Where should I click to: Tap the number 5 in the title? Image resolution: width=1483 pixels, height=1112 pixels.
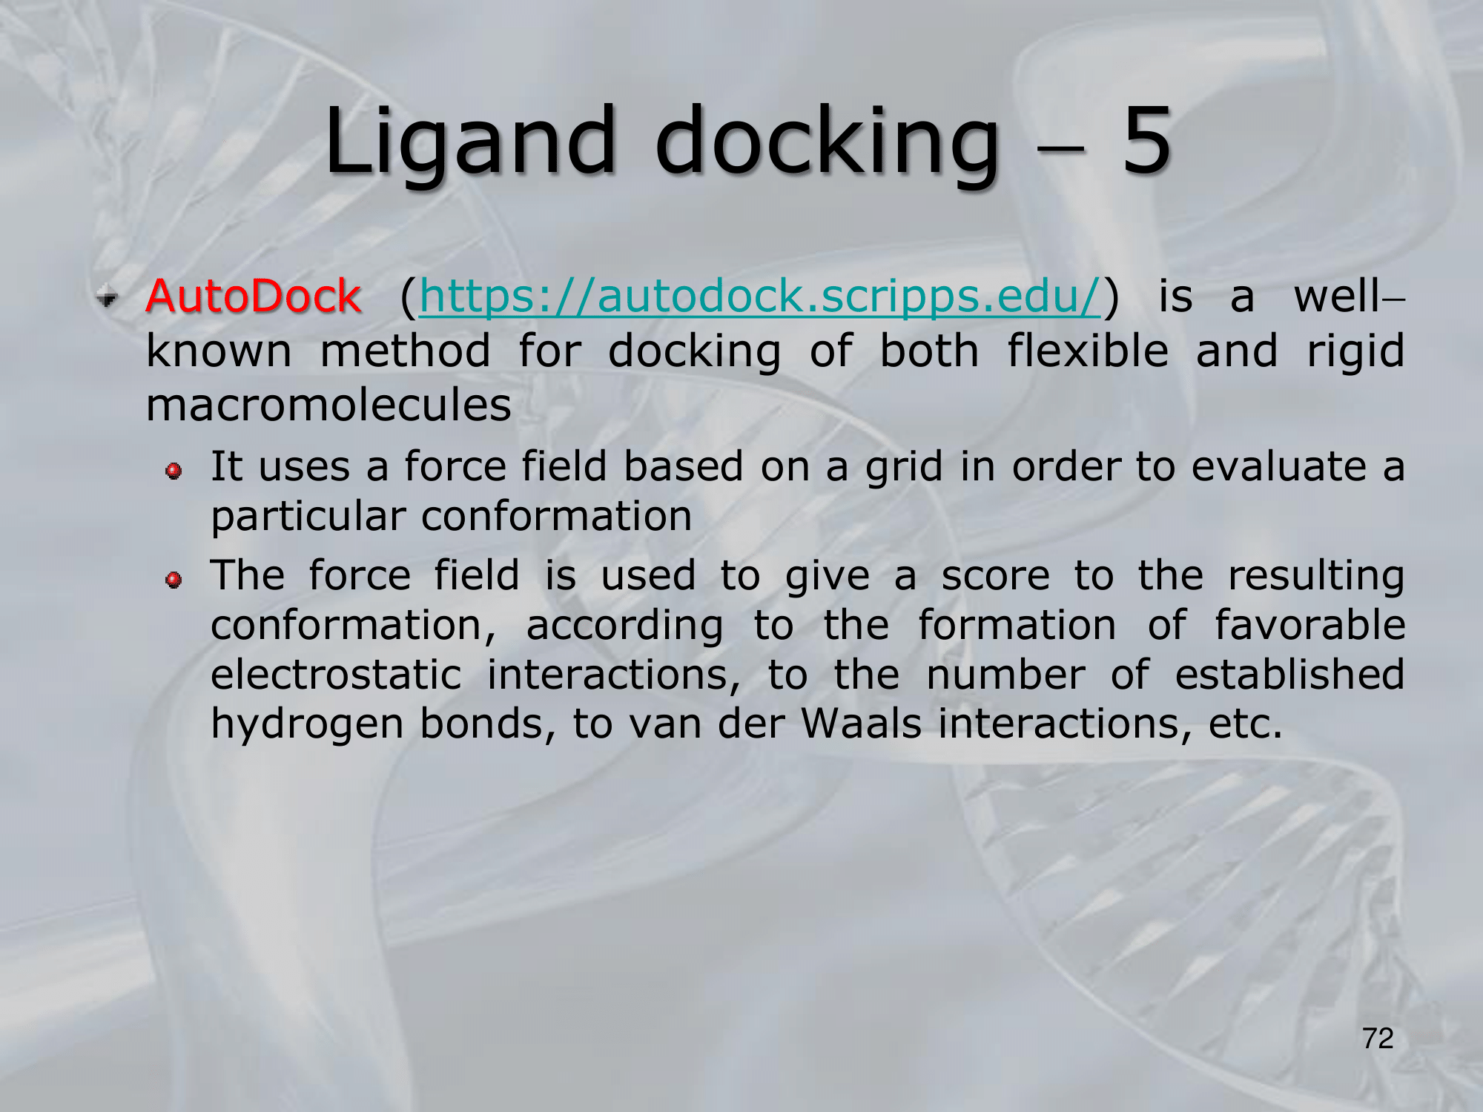(x=1146, y=141)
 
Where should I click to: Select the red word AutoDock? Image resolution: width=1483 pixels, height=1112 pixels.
(x=254, y=296)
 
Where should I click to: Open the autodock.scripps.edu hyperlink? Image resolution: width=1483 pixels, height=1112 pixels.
(x=760, y=297)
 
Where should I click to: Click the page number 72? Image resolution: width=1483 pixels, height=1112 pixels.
(x=1378, y=1039)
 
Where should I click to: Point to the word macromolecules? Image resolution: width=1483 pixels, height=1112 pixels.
(x=328, y=406)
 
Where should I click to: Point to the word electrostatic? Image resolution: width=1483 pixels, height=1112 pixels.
(x=336, y=675)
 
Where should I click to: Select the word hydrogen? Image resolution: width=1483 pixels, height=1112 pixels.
(x=307, y=725)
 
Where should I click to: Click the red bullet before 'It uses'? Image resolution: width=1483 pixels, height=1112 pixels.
(x=174, y=471)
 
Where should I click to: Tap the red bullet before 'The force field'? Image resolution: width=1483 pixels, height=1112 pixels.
(x=174, y=580)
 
